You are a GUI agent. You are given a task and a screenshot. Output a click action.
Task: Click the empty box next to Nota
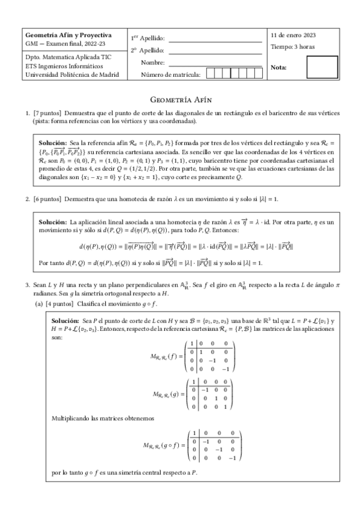coord(322,67)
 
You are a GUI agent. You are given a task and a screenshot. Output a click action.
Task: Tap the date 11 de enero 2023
coord(294,35)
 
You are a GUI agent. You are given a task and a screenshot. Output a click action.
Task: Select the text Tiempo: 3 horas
coord(293,47)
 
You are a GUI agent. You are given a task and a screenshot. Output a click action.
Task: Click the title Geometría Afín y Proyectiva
coord(62,35)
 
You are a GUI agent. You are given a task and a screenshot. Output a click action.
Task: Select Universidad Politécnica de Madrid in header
coord(72,75)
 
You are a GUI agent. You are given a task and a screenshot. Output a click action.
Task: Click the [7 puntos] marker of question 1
coord(47,113)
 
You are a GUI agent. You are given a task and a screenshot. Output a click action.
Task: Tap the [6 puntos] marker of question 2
coord(47,198)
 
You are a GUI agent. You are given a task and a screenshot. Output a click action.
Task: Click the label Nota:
coord(280,67)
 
